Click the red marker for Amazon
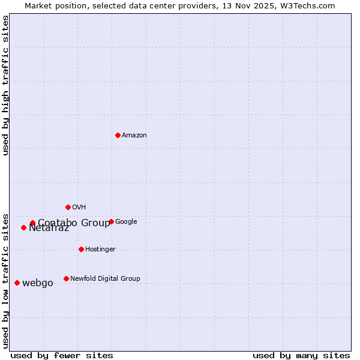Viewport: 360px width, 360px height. point(118,135)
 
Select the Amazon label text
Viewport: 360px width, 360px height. point(134,136)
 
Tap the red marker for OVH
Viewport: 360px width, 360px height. point(68,207)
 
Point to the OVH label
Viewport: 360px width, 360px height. point(79,208)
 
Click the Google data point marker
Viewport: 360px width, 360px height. point(111,221)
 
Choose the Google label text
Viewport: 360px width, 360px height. point(126,222)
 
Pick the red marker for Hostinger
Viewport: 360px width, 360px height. point(81,249)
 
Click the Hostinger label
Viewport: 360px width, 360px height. point(100,250)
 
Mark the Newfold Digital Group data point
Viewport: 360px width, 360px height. point(66,278)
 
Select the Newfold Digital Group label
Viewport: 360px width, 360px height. point(105,279)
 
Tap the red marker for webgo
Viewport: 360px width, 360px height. point(17,283)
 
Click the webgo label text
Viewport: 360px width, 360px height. point(37,283)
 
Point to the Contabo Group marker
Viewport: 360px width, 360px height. point(32,223)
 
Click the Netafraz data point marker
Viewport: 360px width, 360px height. point(23,227)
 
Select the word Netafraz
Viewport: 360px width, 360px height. point(49,229)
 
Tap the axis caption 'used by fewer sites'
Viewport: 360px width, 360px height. point(61,355)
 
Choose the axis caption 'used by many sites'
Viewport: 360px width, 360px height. point(301,355)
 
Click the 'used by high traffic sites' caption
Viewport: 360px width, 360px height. point(5,85)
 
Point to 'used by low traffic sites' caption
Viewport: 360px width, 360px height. point(5,280)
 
